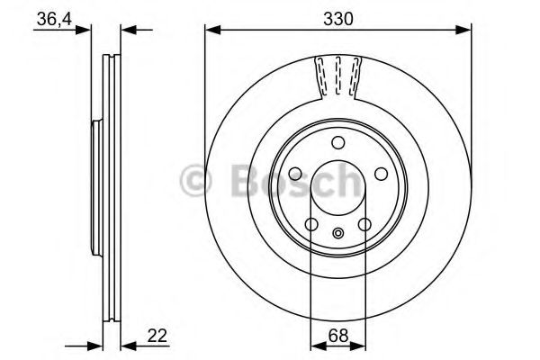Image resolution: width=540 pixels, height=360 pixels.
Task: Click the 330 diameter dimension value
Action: coord(337,17)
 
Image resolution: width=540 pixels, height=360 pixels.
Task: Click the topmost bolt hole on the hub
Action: coord(337,142)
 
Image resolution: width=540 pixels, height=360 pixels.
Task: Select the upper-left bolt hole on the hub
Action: coord(297,173)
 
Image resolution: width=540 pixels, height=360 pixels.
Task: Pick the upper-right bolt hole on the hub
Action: coord(379,173)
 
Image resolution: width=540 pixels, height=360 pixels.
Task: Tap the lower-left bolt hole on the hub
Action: coord(311,225)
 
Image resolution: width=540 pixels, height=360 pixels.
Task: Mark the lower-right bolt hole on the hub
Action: coord(364,225)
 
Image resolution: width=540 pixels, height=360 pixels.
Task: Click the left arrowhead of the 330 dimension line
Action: coord(211,31)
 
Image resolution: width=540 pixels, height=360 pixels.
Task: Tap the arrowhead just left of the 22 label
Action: coord(126,344)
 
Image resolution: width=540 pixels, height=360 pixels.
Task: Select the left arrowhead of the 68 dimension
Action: coord(315,344)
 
